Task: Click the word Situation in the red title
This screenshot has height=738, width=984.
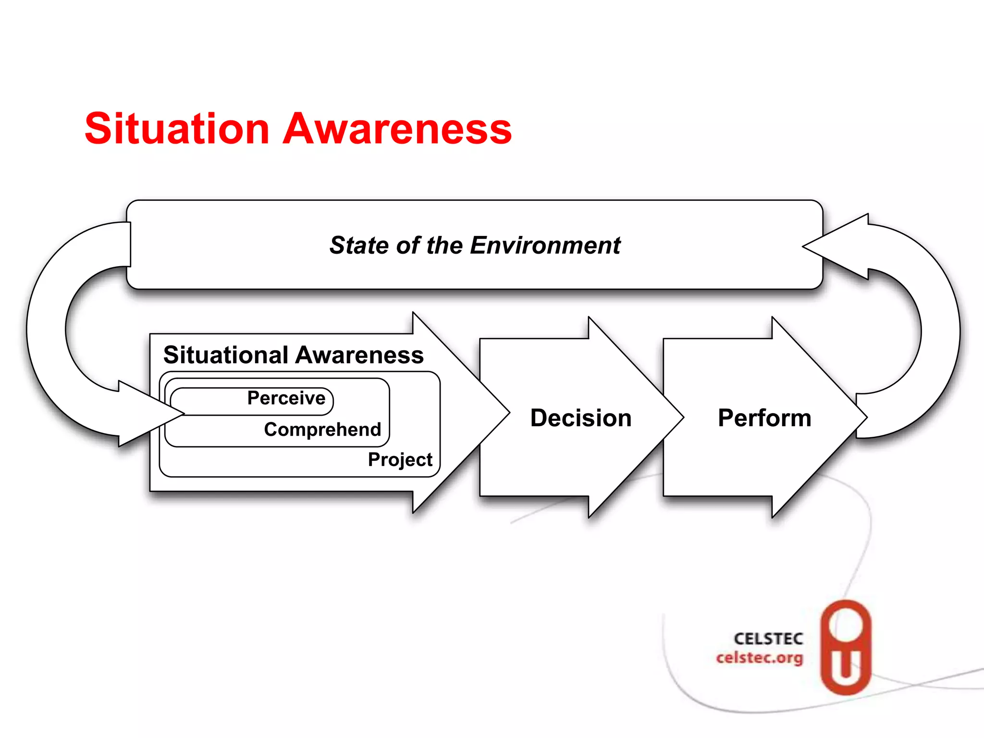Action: [177, 128]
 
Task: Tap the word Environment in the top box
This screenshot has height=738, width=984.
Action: [545, 246]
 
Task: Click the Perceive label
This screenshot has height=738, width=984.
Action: [286, 398]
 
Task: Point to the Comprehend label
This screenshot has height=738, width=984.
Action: [322, 430]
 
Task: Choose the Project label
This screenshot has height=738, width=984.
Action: [400, 460]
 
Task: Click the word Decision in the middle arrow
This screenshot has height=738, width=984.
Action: [580, 418]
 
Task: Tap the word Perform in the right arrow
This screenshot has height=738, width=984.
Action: [764, 418]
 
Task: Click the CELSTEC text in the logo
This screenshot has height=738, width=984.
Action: [768, 639]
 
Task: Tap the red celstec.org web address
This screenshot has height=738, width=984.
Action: [759, 657]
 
